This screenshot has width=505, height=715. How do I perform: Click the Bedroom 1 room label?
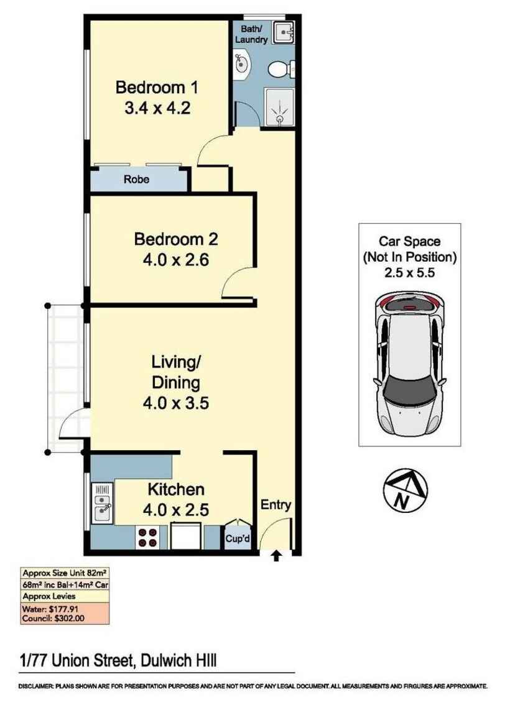coord(157,88)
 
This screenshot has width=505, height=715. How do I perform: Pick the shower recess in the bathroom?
coord(279,107)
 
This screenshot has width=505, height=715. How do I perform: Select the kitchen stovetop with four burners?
coord(148,537)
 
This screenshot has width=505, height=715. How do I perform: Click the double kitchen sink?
coord(103,503)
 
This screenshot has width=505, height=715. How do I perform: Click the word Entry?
coord(276,505)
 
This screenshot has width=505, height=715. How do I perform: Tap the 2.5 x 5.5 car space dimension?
coord(409,271)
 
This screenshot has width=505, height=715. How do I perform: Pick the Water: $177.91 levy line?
coord(52,609)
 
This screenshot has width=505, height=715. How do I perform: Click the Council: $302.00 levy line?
coord(54,619)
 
